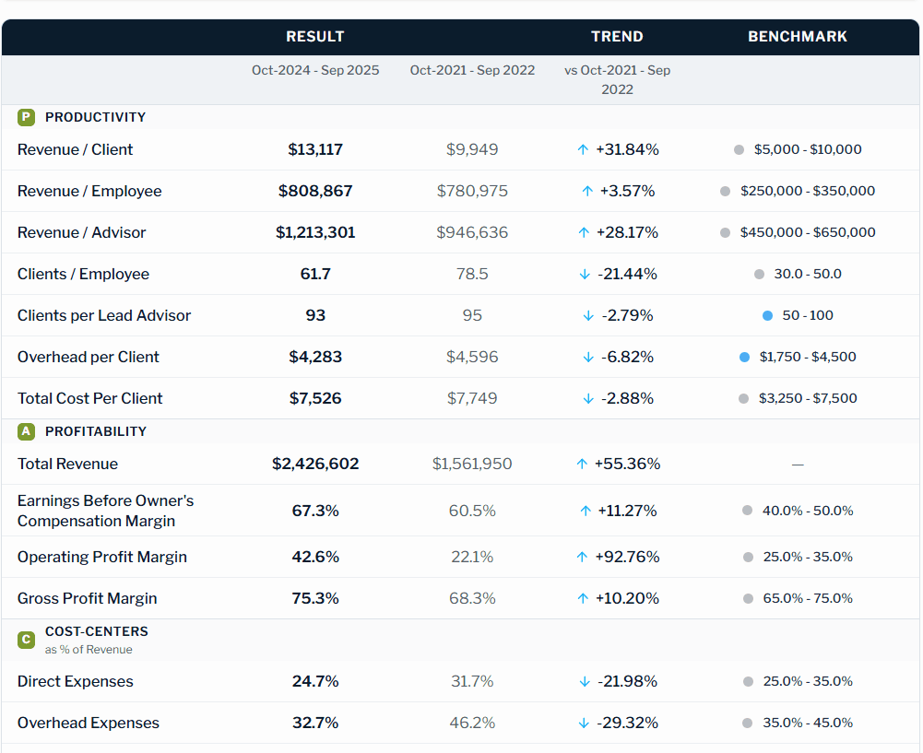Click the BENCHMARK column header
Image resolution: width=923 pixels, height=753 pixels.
[797, 37]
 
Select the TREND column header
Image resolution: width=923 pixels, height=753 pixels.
[617, 37]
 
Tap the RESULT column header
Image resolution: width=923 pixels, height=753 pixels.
[315, 37]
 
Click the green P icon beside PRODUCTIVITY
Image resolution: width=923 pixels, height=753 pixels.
[26, 117]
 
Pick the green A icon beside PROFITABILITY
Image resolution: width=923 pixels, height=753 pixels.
[26, 431]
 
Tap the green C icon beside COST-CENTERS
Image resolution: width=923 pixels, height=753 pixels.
[26, 639]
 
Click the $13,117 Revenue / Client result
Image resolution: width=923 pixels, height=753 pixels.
[315, 149]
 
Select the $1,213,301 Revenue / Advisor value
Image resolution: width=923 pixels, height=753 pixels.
[315, 232]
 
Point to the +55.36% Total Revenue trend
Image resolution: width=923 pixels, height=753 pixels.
[627, 464]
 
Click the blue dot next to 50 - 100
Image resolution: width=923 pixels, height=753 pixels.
[767, 315]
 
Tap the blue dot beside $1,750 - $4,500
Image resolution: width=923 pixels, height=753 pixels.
[745, 357]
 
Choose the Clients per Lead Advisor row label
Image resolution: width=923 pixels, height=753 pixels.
[104, 315]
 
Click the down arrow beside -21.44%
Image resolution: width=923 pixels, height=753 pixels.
[584, 275]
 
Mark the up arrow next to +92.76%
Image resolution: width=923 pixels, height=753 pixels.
[582, 557]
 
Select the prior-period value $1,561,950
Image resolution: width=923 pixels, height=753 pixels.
[472, 464]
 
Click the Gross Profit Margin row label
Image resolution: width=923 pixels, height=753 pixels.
[87, 598]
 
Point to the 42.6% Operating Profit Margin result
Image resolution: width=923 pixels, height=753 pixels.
[315, 557]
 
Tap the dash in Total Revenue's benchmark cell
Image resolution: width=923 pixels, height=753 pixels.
[798, 465]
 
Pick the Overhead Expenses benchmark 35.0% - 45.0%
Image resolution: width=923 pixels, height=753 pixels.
[807, 723]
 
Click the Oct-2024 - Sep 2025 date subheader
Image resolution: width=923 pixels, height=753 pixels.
[315, 70]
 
